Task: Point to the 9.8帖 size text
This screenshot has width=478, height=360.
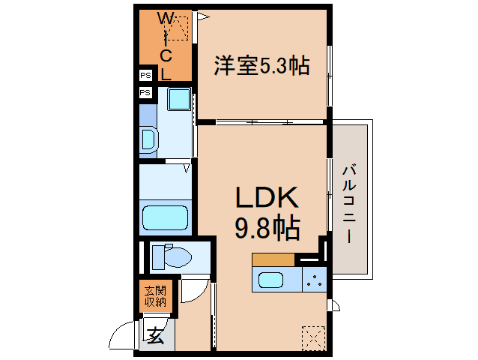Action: (x=267, y=226)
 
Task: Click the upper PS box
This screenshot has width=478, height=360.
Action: (x=145, y=76)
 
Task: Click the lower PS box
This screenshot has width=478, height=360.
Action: (x=145, y=92)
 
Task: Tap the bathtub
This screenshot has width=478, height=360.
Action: (x=166, y=217)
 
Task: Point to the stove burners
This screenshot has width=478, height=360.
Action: (x=314, y=281)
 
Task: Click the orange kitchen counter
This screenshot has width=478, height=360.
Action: (x=273, y=259)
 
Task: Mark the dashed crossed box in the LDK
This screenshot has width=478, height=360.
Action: (x=312, y=337)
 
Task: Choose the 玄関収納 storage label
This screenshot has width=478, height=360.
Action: (x=155, y=297)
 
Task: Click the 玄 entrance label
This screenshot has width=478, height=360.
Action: (x=154, y=336)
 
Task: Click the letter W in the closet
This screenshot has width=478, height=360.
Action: (x=165, y=18)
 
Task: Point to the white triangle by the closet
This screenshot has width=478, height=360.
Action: (x=202, y=14)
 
